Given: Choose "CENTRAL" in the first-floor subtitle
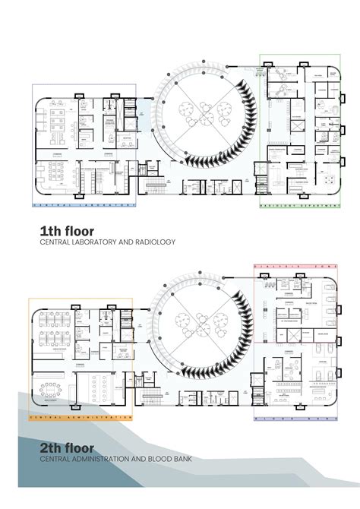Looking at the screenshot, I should pyautogui.click(x=55, y=242).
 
